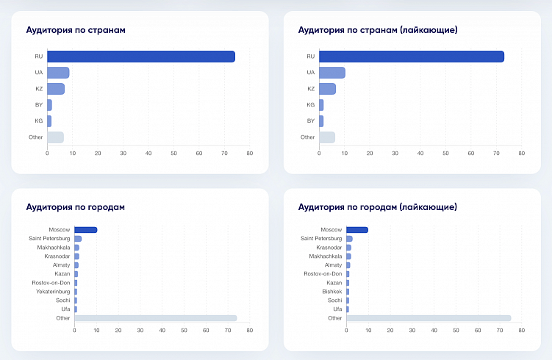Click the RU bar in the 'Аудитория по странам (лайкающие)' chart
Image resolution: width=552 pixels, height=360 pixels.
click(x=412, y=57)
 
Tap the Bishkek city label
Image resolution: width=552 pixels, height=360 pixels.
click(x=331, y=292)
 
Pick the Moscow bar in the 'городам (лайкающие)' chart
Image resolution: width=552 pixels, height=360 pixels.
click(x=356, y=230)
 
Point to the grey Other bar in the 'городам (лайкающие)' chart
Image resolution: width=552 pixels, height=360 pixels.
click(x=429, y=318)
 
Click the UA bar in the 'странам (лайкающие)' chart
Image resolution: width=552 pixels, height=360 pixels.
click(x=332, y=73)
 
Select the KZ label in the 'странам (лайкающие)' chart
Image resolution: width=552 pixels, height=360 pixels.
click(x=310, y=89)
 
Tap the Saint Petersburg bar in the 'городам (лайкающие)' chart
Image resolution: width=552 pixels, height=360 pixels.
click(x=349, y=239)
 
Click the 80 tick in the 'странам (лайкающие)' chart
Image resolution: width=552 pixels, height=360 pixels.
click(x=521, y=154)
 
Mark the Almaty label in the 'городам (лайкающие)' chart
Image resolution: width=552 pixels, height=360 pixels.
click(x=333, y=265)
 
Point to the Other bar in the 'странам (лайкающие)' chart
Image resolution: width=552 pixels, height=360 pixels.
click(x=327, y=137)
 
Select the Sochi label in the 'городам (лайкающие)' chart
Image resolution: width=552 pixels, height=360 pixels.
click(x=334, y=300)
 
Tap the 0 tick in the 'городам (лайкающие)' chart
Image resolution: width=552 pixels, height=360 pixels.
click(x=346, y=331)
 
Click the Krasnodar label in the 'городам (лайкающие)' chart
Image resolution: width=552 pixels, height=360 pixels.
click(x=329, y=248)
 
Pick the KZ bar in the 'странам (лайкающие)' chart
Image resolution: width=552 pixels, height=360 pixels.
click(x=327, y=89)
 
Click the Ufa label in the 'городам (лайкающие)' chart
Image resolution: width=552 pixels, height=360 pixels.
click(x=337, y=309)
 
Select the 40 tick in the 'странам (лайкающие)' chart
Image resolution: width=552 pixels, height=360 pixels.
click(x=420, y=154)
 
